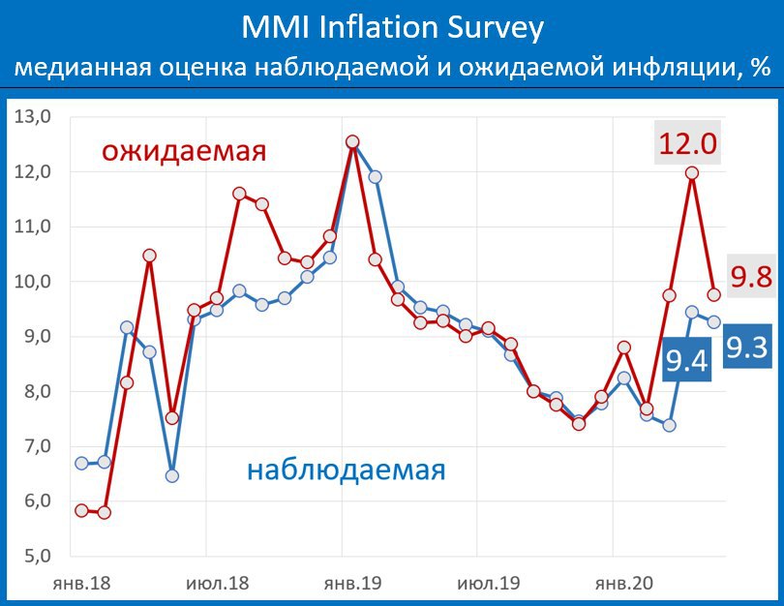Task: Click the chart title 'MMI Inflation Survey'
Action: [x=393, y=27]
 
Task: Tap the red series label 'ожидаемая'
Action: [x=184, y=150]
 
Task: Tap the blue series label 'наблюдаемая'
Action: [x=346, y=470]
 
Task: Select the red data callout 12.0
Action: [x=687, y=143]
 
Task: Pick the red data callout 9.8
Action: [x=751, y=276]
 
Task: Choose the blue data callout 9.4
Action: [x=687, y=359]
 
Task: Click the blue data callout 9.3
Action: [x=747, y=347]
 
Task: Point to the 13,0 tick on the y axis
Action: [x=33, y=116]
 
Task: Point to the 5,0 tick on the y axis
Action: [x=38, y=556]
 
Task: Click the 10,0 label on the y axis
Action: [x=33, y=282]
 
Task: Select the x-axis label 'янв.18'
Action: [x=81, y=583]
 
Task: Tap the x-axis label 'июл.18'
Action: [x=217, y=583]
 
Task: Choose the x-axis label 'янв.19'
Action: [x=352, y=583]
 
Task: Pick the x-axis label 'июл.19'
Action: [x=489, y=583]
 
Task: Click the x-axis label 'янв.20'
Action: [x=624, y=583]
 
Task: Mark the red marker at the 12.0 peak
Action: [x=692, y=173]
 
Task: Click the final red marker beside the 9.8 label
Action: [x=714, y=294]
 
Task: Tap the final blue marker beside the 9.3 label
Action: [x=714, y=322]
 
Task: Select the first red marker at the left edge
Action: [x=81, y=510]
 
